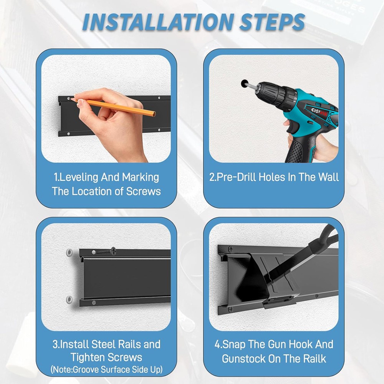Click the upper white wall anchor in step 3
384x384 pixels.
(69, 253)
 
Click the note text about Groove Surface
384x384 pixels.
(106, 370)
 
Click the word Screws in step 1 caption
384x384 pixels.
(143, 191)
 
